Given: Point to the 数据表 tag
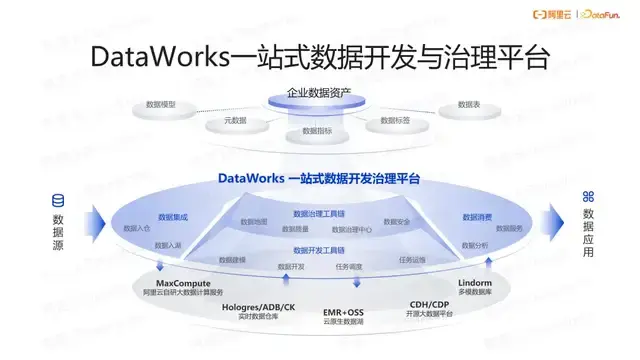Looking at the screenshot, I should coord(469,104).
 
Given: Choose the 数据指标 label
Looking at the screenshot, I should coord(317,131).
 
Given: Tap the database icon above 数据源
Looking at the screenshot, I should coord(58,199).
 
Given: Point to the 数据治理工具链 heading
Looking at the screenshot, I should coord(319,213).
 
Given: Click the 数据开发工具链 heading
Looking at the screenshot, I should coord(319,250).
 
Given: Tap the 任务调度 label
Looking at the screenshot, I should coord(348,266).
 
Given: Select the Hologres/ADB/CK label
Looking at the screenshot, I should coord(258,306).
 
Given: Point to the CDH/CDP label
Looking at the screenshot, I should coord(432,305).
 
